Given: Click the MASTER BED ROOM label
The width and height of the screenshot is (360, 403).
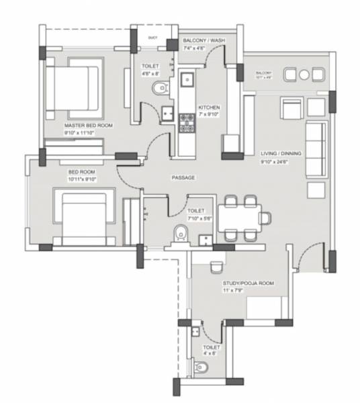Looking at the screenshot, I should coord(88,126).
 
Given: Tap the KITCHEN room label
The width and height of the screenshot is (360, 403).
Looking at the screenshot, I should coord(209,107).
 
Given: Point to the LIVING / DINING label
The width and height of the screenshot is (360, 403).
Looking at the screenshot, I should coord(281,154).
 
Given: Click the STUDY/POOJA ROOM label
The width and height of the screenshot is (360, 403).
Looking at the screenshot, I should coord(248,283).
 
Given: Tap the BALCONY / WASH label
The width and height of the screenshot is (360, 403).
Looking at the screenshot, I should coord(204,41).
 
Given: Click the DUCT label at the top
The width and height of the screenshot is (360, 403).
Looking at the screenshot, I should coord(152,38).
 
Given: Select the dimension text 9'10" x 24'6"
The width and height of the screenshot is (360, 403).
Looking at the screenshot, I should coord(281,161).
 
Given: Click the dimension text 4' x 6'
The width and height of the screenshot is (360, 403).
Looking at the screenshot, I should coord(211,353).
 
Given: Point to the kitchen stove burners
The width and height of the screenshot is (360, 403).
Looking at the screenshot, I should coord(185,121).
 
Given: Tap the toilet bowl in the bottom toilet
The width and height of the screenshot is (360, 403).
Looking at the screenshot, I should coord(201,368).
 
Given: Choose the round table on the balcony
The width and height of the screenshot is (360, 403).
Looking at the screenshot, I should coord(304,74).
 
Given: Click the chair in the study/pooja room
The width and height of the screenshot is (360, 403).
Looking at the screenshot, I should coord(216,267).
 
